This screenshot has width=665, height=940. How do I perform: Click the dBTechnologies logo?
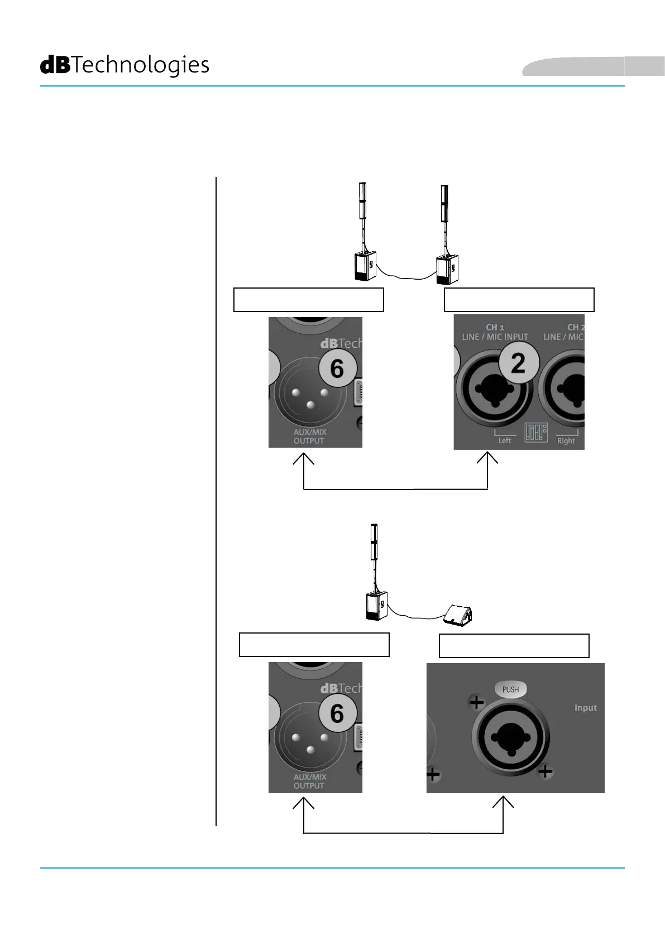coord(125,65)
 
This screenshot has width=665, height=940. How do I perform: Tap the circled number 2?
coord(519,363)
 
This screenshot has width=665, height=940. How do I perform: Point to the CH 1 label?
coord(495,327)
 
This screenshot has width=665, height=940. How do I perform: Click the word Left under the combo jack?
coord(505,440)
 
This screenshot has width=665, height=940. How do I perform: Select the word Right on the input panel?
coord(566,441)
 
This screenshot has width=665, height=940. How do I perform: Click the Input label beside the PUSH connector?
coord(585,708)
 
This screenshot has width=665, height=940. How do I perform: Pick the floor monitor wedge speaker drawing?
coord(458,615)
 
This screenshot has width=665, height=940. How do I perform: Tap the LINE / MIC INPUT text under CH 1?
coord(495,337)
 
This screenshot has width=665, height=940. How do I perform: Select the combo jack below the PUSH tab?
coord(511,737)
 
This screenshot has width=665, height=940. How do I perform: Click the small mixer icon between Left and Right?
coord(535,433)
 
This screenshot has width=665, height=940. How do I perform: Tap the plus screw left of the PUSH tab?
coord(476,702)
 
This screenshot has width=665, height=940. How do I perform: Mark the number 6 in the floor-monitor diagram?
coord(337,713)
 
